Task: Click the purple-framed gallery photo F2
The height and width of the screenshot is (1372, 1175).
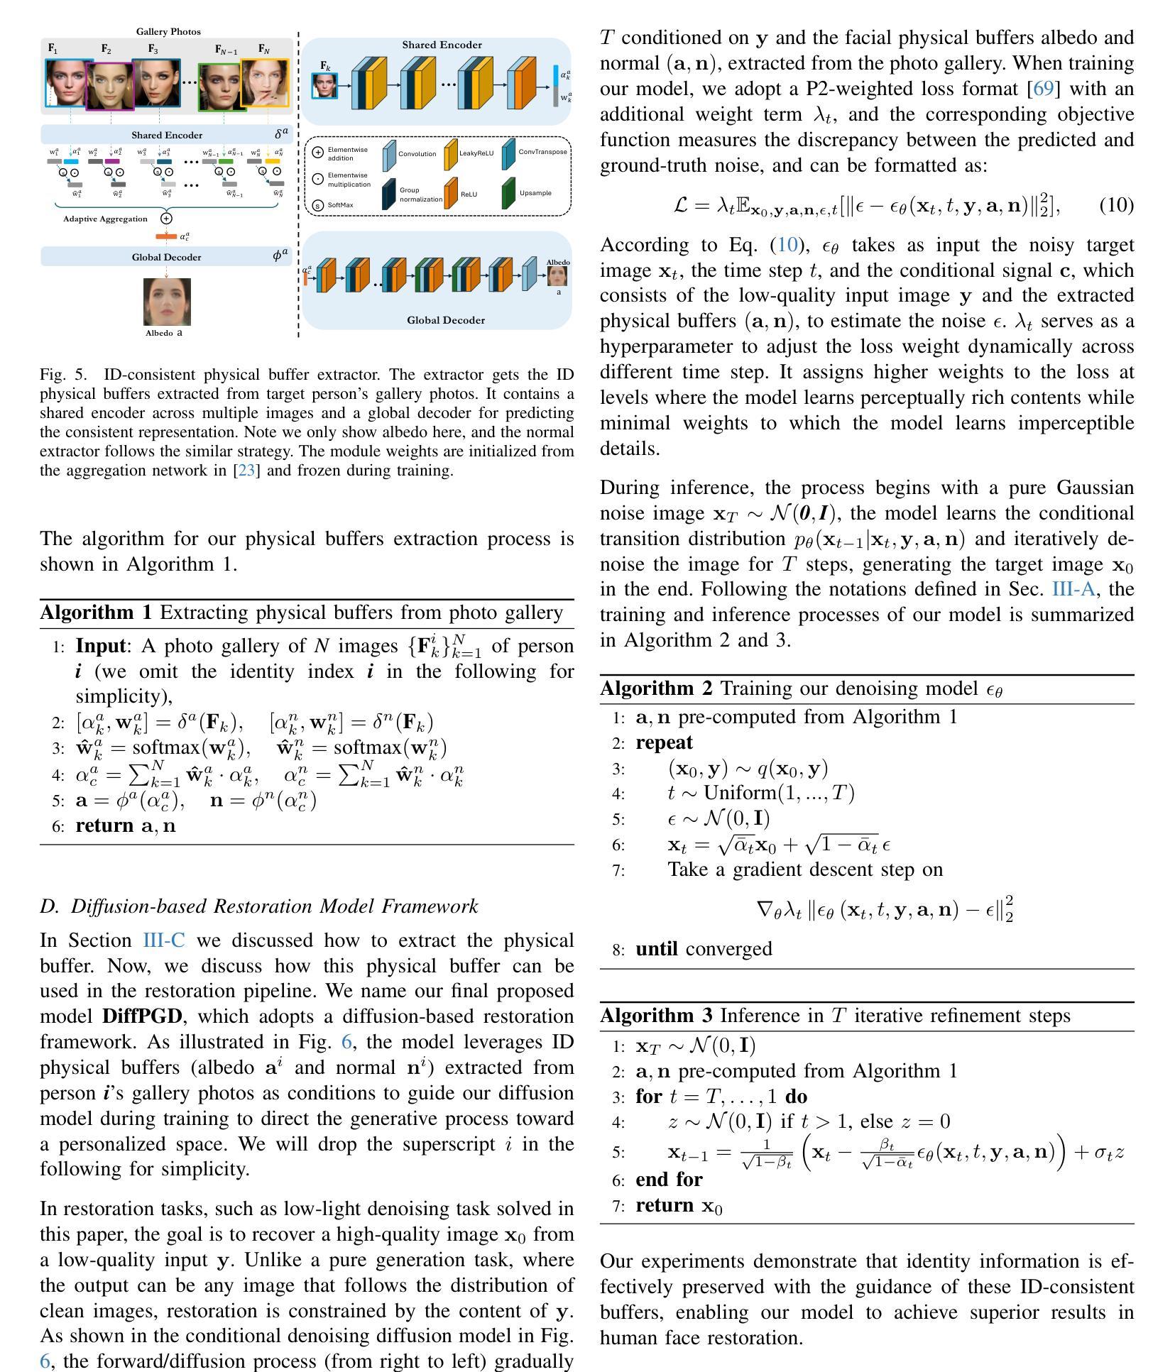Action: point(109,85)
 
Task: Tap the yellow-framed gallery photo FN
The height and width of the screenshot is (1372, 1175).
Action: point(265,82)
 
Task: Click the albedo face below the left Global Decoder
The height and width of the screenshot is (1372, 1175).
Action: point(167,302)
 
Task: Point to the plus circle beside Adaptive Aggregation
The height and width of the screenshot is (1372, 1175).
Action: point(166,219)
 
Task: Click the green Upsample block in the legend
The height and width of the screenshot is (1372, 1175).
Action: point(508,193)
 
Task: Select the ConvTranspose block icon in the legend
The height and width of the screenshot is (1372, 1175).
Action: point(508,154)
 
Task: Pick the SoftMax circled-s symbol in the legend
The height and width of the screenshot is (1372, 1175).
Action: point(318,206)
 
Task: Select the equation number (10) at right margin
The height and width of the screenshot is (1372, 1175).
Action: point(1116,205)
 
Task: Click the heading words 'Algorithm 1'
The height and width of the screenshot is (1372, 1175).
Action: point(96,613)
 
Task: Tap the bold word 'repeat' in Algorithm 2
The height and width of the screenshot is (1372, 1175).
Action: point(664,742)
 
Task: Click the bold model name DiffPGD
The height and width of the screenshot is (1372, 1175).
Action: point(142,1016)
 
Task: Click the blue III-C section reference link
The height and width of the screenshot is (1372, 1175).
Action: point(164,940)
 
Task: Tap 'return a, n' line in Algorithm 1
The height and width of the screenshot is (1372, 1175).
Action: point(125,825)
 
